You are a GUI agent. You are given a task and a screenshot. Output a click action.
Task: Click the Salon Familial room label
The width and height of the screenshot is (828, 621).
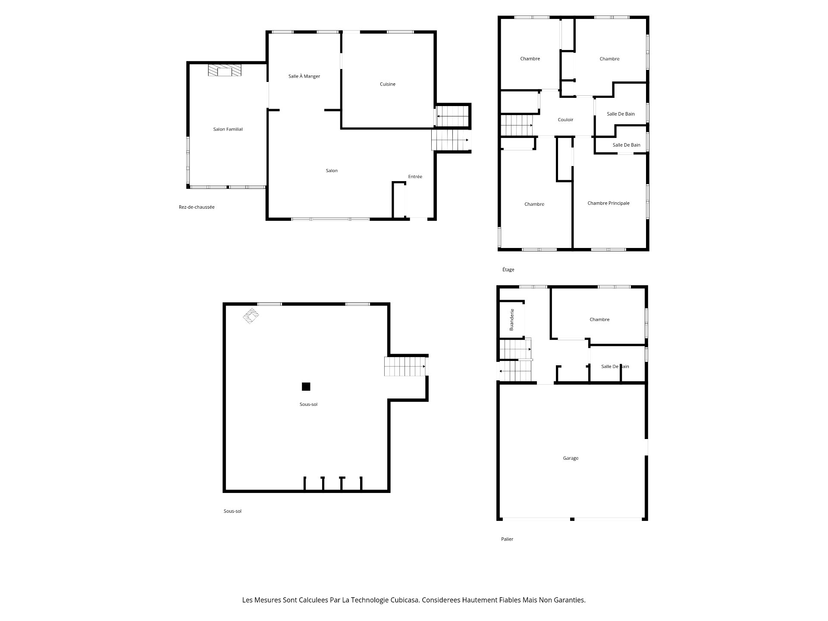228,129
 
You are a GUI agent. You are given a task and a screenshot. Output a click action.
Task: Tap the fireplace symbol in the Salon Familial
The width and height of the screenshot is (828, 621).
224,70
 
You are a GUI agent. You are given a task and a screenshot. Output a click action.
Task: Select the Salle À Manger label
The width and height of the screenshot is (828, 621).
304,76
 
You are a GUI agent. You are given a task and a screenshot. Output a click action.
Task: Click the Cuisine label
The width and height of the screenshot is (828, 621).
387,84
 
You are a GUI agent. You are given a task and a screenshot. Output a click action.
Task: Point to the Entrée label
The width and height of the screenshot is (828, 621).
415,176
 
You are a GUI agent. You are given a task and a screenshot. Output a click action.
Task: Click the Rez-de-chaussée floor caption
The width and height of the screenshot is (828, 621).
197,207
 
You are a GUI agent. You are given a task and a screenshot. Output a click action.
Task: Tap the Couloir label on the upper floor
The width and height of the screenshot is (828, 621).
565,120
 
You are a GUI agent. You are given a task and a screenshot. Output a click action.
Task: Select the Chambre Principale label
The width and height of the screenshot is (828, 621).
608,203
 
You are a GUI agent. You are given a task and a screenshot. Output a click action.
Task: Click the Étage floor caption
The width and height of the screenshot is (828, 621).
508,270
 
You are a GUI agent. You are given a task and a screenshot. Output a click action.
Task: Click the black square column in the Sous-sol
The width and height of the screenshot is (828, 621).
306,386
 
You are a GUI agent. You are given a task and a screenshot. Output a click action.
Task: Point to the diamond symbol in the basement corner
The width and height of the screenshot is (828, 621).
251,315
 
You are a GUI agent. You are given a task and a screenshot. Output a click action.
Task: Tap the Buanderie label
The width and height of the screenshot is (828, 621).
512,320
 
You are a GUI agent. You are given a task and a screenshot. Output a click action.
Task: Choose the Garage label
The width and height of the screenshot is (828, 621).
571,458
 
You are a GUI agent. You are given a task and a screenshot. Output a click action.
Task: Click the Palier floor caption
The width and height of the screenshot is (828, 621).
507,539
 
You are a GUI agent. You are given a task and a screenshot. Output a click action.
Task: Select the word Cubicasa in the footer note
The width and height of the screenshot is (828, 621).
404,600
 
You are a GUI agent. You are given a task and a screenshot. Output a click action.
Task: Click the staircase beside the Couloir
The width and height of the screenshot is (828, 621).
517,125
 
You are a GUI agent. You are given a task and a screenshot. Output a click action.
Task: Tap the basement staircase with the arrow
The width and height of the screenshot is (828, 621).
405,366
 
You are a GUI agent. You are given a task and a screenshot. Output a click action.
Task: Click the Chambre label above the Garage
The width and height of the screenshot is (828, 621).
599,320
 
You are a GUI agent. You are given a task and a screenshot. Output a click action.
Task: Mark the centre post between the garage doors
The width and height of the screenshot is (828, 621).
572,519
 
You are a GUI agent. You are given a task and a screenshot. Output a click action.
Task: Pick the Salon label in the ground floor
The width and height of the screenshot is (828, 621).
332,171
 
